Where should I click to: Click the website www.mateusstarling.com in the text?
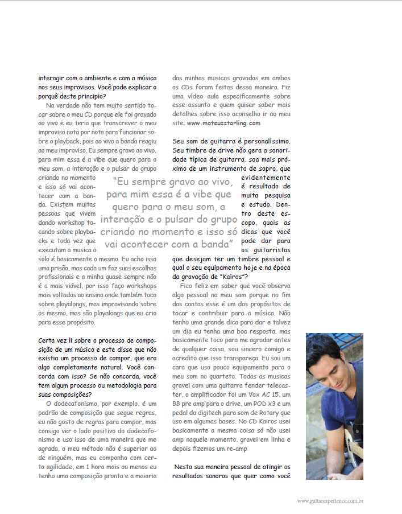coord(223,122)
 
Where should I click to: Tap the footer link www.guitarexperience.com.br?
coord(330,501)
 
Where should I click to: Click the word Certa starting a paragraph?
coord(48,341)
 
